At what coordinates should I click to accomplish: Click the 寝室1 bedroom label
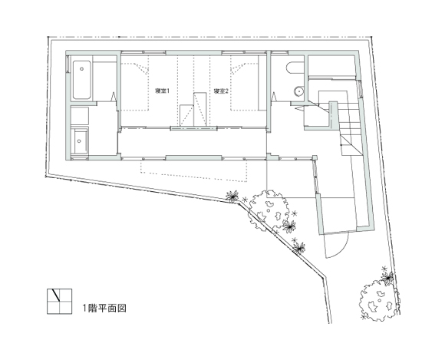click(162, 92)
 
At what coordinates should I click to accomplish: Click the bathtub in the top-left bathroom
click(84, 80)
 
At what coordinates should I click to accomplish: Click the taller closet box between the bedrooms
click(200, 108)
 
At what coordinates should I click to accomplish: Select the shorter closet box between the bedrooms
click(188, 116)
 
